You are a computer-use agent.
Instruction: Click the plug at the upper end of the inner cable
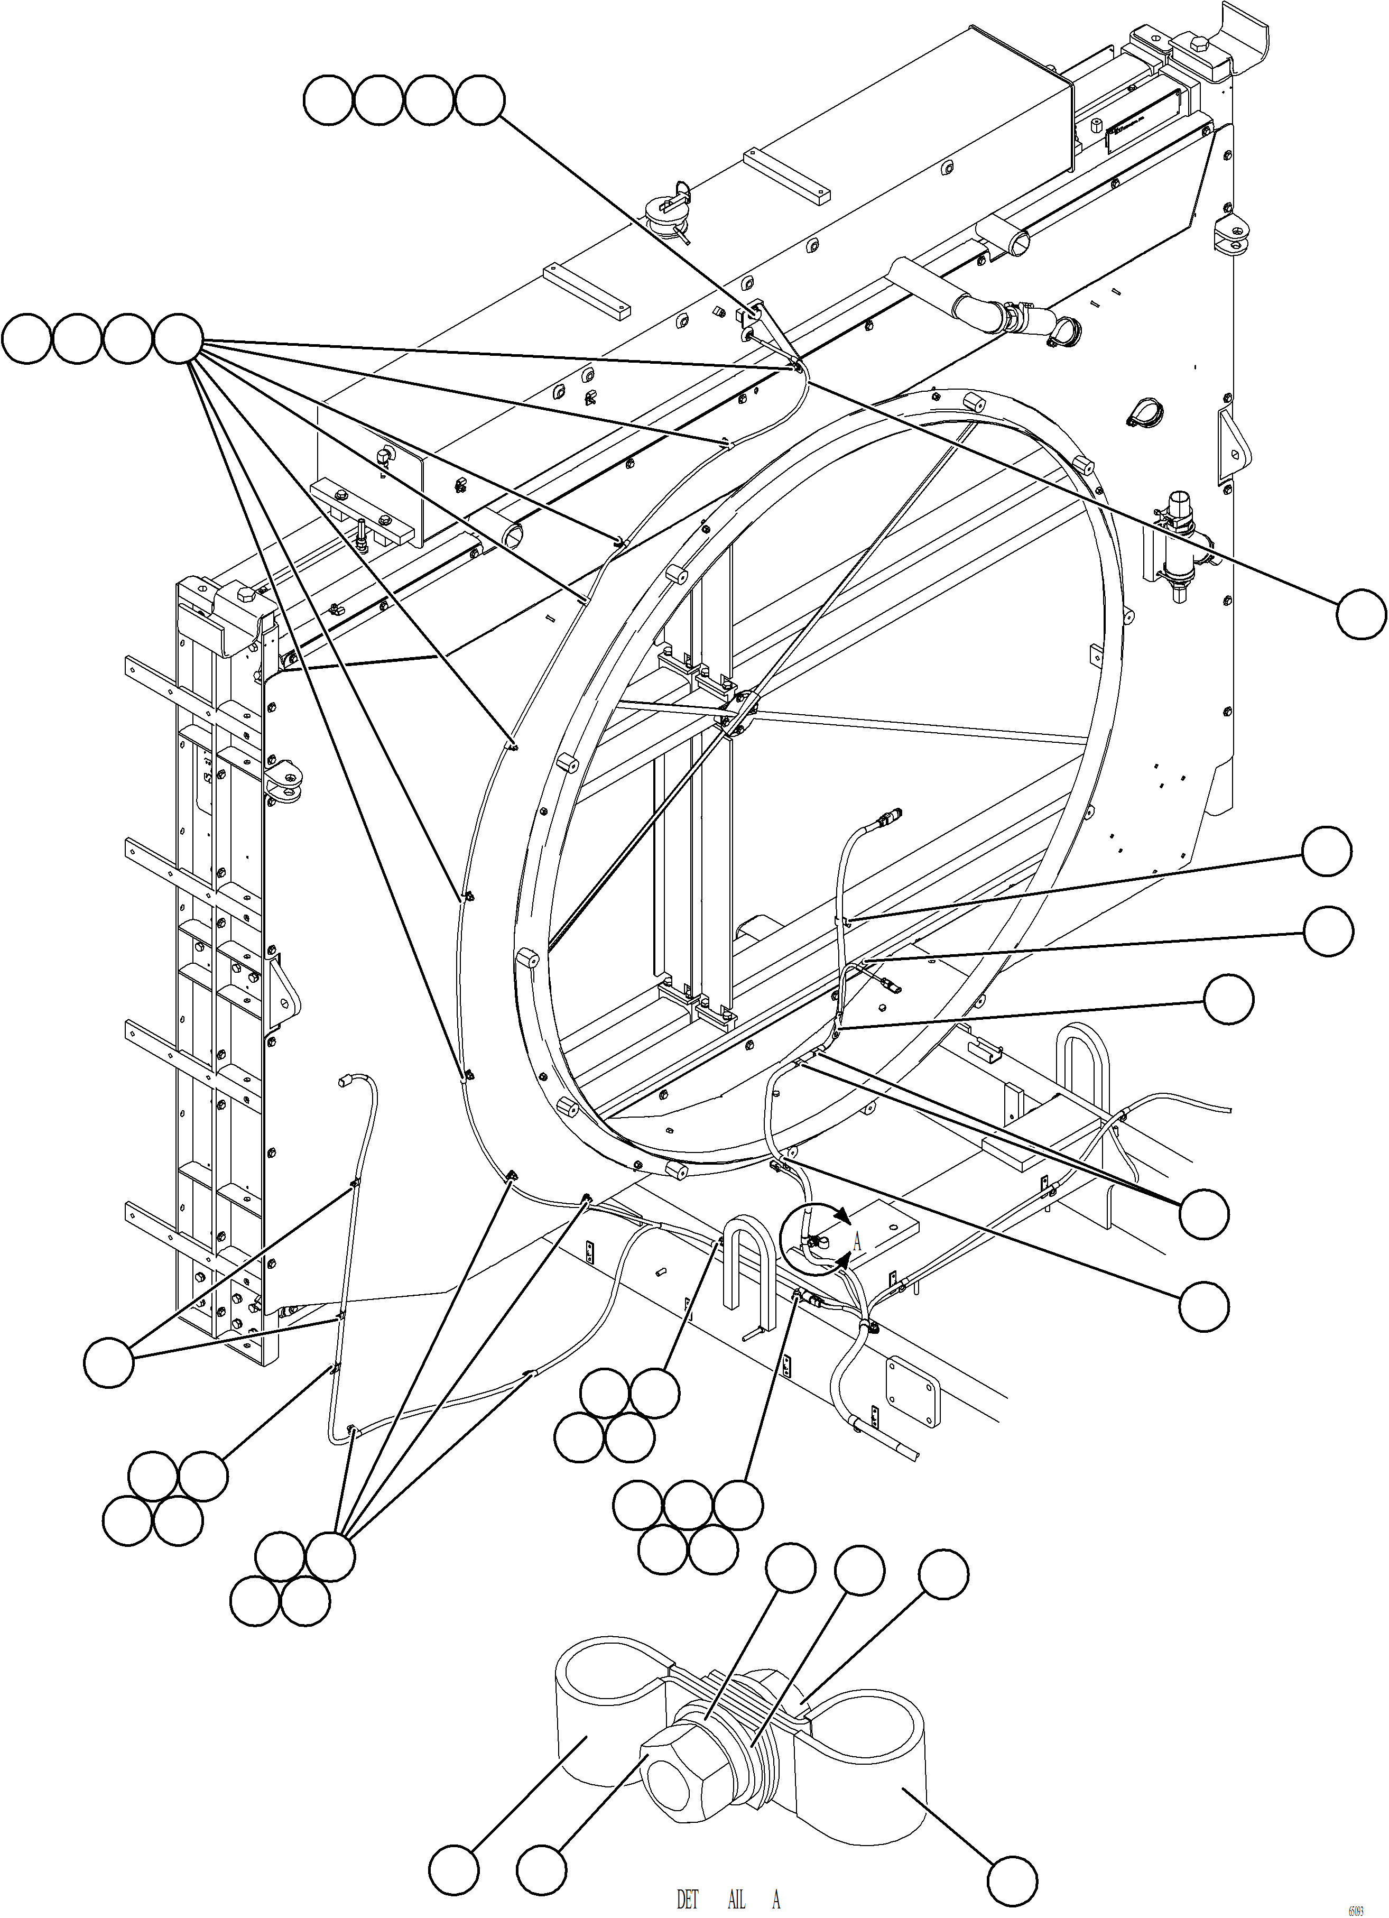[890, 817]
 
